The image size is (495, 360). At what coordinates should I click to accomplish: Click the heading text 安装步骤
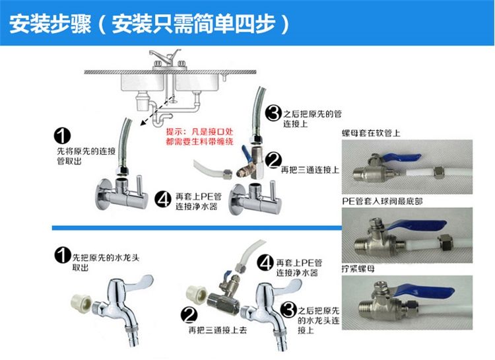coord(51,24)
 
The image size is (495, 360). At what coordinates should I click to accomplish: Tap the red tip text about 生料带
coord(199,137)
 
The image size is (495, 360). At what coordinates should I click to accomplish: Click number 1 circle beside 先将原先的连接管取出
coord(62,136)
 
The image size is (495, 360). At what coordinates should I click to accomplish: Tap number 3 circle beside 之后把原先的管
coord(273,113)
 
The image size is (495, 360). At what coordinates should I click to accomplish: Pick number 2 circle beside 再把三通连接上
coord(273,160)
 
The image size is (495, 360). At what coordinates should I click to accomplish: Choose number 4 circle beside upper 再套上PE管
coord(163,199)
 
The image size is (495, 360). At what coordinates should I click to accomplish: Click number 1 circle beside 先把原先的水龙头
coord(63,255)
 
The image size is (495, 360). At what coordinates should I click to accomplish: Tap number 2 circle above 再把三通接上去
coord(189,315)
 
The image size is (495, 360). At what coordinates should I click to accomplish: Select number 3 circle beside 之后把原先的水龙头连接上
coord(288,310)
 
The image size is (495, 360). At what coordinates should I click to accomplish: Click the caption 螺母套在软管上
coord(371,133)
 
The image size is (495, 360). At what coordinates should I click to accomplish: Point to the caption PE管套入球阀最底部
coord(382,201)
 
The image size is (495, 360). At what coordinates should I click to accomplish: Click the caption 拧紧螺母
coord(358,269)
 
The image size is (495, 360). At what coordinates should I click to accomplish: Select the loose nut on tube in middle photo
coord(446,242)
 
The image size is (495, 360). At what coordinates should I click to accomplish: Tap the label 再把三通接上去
coord(218,330)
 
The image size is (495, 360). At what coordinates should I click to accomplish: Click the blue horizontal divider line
coord(197,228)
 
